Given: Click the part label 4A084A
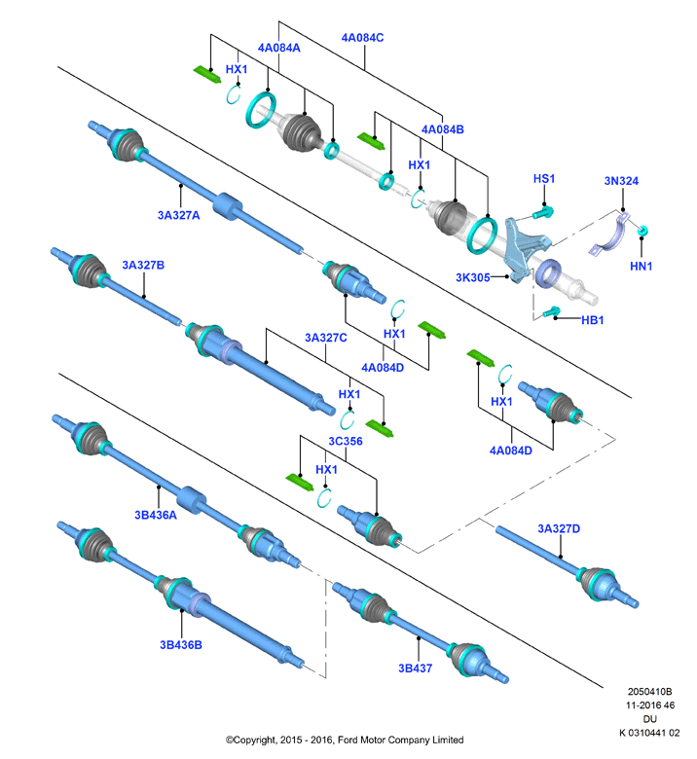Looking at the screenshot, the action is (279, 48).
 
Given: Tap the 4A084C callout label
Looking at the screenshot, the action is (362, 37).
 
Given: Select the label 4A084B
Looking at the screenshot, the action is (442, 129).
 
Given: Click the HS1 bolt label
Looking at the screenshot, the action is (544, 179).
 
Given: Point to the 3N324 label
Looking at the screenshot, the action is (621, 181).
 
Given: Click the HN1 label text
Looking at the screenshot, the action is (641, 266).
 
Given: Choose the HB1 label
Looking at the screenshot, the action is (593, 320).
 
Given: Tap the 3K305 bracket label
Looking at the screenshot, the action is (473, 277).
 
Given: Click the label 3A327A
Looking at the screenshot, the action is (179, 215).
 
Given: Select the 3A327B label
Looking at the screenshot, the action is (143, 265).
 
